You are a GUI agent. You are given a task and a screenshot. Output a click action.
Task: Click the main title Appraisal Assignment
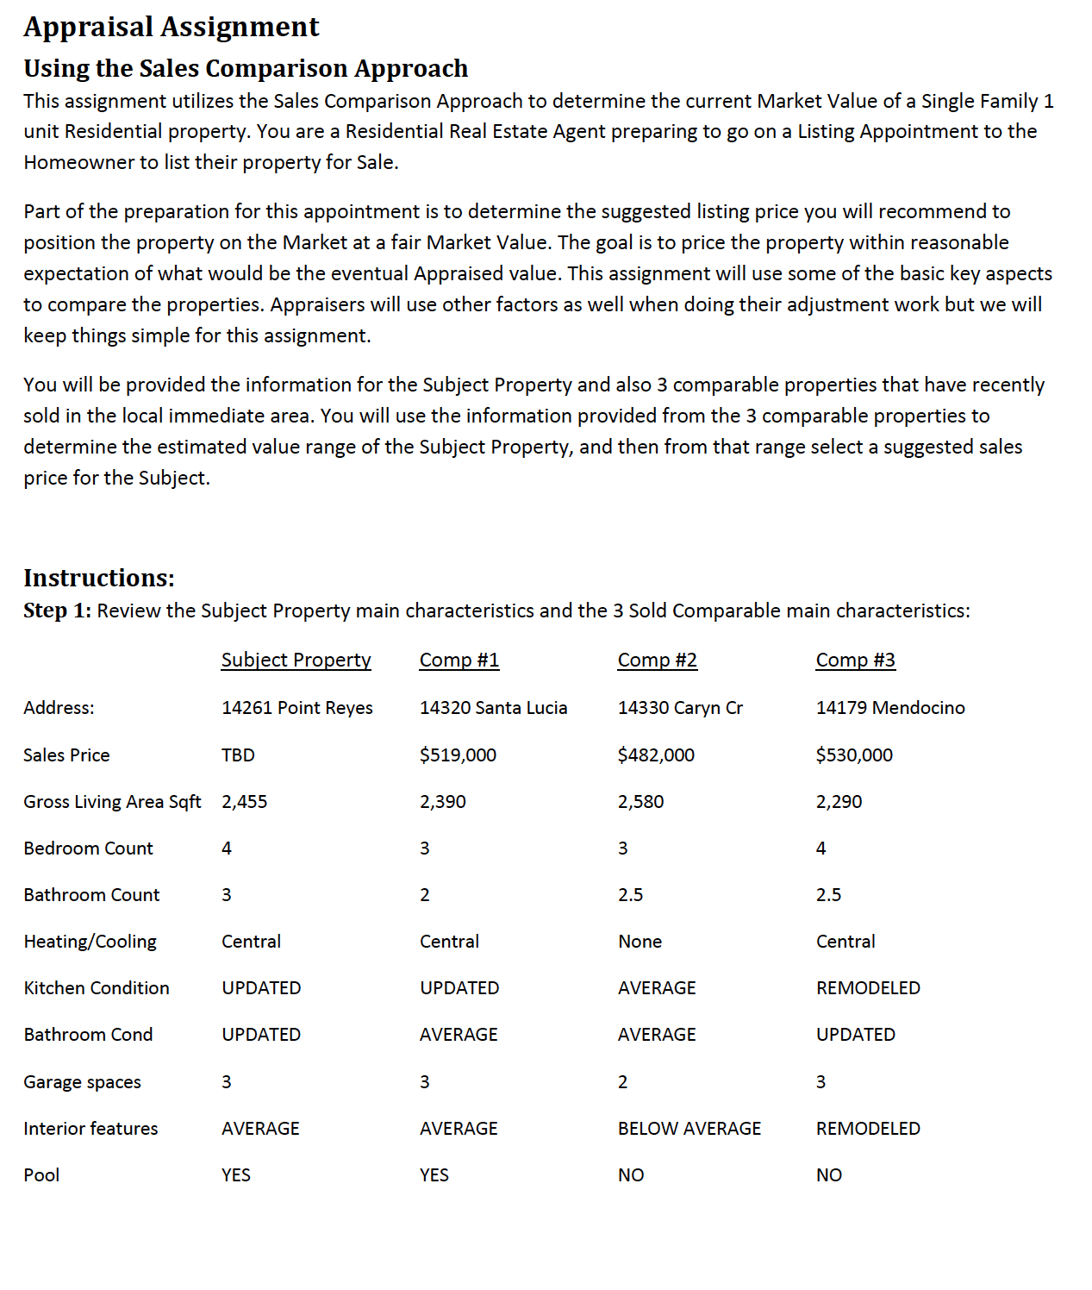point(171,27)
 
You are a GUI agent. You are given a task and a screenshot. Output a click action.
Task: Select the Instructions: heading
point(99,577)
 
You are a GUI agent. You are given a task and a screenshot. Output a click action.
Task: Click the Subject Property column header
point(296,660)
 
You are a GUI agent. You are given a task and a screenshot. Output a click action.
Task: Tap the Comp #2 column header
point(657,660)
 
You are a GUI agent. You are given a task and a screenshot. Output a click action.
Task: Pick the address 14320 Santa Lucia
point(493,708)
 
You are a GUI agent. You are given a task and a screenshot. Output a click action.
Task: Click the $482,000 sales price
point(656,755)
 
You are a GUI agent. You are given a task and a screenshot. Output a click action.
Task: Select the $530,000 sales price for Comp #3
point(854,755)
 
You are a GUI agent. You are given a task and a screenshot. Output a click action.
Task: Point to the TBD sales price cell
point(238,755)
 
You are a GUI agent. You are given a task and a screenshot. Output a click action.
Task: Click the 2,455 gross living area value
point(244,801)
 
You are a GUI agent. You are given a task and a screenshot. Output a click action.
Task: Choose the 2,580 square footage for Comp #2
point(640,801)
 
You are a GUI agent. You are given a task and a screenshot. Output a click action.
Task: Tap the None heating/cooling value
point(640,942)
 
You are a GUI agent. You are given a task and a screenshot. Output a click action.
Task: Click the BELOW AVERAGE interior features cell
point(690,1128)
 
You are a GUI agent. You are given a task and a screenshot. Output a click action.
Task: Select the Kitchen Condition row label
point(97,988)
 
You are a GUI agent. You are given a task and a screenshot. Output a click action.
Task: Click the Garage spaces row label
point(82,1081)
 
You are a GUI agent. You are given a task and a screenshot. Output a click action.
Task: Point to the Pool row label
point(41,1174)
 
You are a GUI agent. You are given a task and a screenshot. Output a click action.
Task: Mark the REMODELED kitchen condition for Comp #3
point(868,988)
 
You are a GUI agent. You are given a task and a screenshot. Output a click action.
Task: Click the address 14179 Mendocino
point(890,708)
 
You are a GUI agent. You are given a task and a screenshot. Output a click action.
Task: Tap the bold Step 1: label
point(57,611)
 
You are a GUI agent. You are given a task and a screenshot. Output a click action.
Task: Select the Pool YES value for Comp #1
point(434,1174)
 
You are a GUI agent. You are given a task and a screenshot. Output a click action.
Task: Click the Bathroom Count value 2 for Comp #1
point(424,895)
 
